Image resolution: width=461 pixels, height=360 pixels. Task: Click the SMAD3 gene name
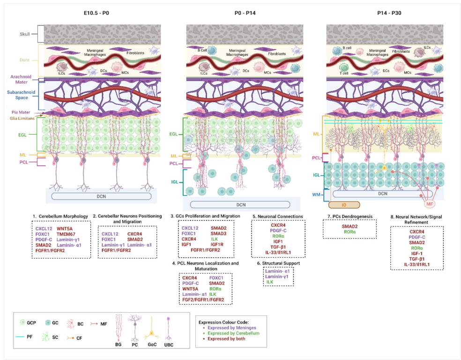(218, 233)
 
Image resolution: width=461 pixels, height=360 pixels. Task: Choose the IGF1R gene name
(218, 245)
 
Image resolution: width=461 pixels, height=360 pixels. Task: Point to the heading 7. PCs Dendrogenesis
(350, 216)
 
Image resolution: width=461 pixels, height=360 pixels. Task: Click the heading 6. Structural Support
(278, 263)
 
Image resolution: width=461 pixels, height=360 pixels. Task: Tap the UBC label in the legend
(169, 345)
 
